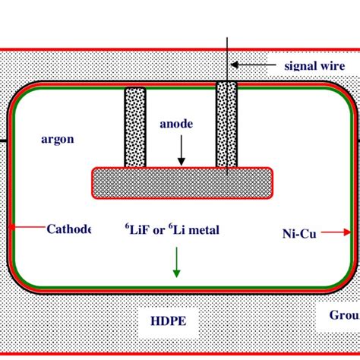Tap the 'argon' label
click(x=58, y=139)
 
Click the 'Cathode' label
click(x=69, y=229)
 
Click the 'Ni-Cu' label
click(x=294, y=234)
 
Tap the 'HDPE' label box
click(x=163, y=321)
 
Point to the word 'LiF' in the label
click(x=140, y=229)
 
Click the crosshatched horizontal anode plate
click(x=182, y=182)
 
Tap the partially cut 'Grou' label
click(x=343, y=315)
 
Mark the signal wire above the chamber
click(x=226, y=57)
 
